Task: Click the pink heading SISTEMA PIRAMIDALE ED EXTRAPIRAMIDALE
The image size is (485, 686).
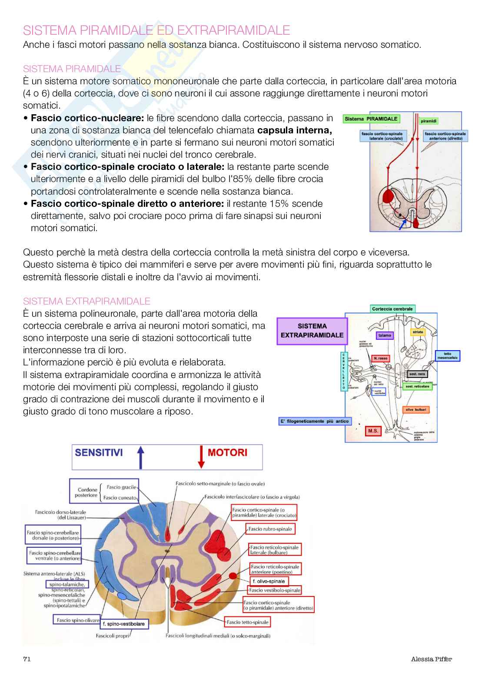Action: (156, 30)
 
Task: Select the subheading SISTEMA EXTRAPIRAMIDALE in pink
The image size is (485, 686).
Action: (86, 301)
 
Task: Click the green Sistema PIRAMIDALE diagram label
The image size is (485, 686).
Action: (371, 119)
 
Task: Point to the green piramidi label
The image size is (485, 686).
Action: (429, 121)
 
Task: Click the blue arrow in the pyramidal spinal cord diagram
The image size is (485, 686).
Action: (404, 223)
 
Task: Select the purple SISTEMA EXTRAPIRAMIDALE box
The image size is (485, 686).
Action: (312, 331)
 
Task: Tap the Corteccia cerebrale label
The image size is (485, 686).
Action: (392, 309)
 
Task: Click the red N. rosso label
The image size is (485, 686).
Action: (380, 358)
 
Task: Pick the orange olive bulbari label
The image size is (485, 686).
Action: (416, 410)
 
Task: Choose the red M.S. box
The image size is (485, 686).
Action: (373, 431)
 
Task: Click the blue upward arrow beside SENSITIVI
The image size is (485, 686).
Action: (141, 457)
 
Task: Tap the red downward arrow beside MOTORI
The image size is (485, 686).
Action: (201, 457)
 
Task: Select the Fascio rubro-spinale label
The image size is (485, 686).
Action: (270, 529)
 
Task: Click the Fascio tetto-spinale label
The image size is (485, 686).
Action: (247, 622)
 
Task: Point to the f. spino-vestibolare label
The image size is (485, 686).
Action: (124, 624)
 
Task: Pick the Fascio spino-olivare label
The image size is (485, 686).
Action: (77, 620)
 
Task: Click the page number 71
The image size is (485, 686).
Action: (27, 659)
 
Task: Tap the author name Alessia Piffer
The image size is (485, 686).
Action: (431, 659)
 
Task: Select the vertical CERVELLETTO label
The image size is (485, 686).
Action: (344, 371)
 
